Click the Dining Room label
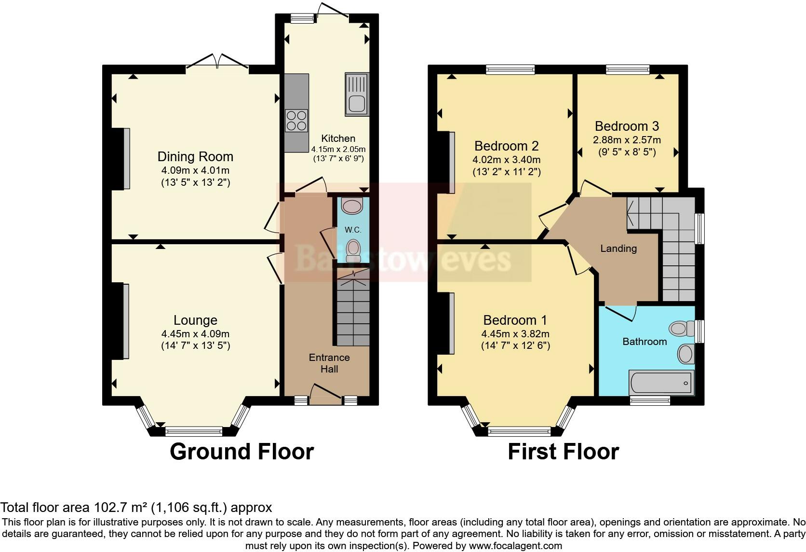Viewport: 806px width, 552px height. point(195,157)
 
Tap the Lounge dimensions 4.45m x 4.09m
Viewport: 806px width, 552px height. point(195,334)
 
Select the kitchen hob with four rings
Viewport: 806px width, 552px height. point(296,121)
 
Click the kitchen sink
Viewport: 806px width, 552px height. point(357,95)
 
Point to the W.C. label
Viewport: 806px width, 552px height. point(353,230)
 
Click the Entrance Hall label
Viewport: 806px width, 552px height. point(329,363)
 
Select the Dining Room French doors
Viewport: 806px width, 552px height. point(217,62)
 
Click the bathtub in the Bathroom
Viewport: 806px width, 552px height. point(661,383)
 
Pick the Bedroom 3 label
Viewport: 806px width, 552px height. point(627,126)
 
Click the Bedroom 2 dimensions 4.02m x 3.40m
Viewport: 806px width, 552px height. point(507,160)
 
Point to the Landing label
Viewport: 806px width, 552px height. point(618,248)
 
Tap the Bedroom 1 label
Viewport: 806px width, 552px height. point(515,320)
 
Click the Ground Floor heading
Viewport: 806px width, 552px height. point(242,452)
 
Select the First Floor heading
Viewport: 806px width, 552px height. point(563,452)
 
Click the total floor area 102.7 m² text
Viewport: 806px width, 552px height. point(136,507)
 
